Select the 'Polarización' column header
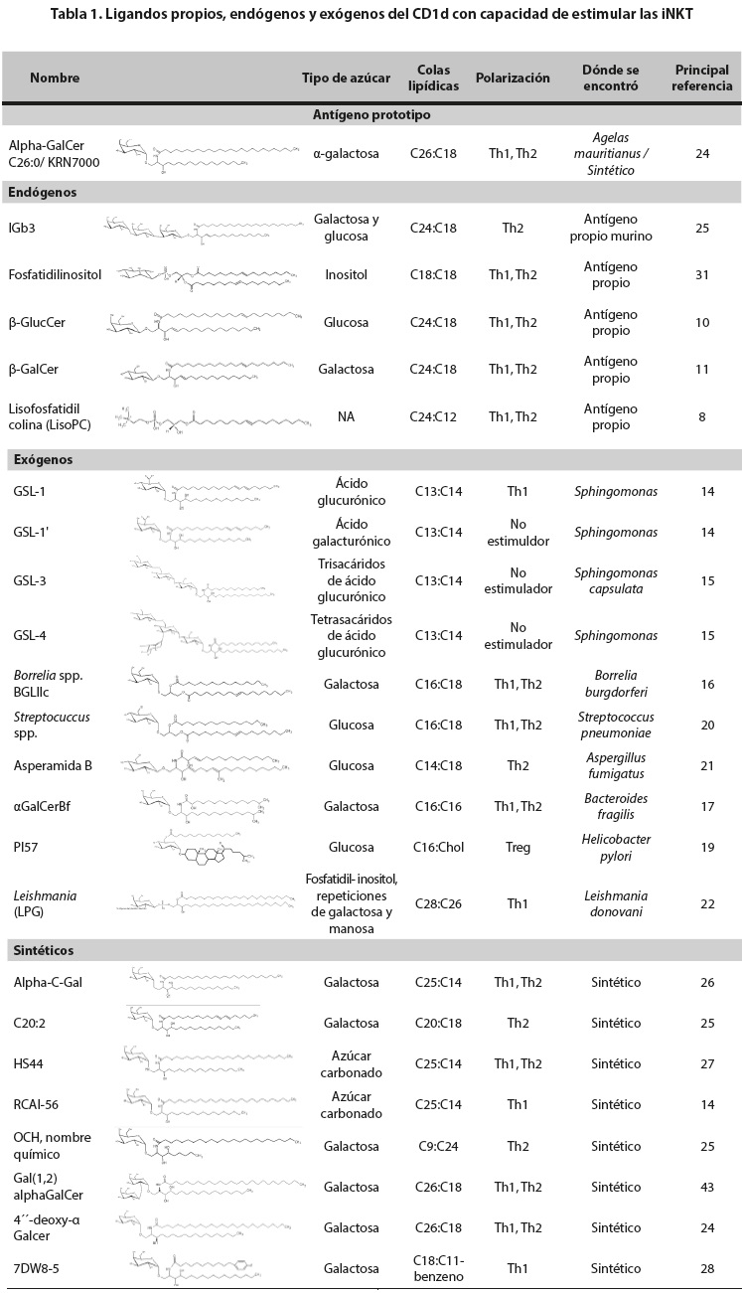click(513, 78)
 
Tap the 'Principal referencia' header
click(702, 78)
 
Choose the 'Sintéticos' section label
click(44, 950)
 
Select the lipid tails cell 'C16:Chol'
click(434, 848)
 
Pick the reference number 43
click(702, 1187)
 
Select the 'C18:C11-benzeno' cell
click(434, 1268)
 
